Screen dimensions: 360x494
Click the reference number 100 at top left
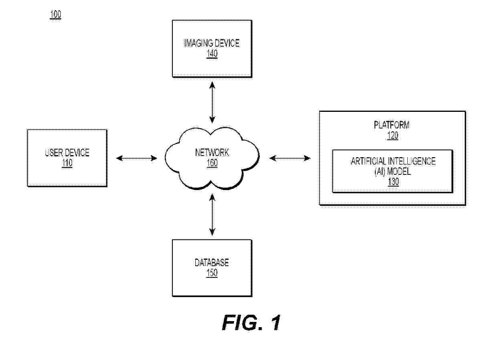click(55, 15)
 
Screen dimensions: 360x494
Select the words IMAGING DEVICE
click(212, 43)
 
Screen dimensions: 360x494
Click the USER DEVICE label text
click(67, 152)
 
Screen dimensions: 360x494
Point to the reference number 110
click(67, 164)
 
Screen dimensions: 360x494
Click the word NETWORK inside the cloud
click(212, 152)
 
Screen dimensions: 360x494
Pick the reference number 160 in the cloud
click(212, 164)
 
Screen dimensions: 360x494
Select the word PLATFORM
click(392, 125)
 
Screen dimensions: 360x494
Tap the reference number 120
click(392, 136)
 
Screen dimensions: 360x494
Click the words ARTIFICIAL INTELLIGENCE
click(393, 161)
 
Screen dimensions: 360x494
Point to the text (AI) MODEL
click(393, 172)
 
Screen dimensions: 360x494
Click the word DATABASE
click(212, 263)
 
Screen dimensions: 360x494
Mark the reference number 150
click(212, 273)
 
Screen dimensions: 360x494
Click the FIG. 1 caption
click(251, 323)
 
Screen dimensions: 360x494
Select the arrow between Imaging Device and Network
click(212, 102)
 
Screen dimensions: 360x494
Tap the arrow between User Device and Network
click(136, 158)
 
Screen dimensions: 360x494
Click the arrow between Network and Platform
click(290, 158)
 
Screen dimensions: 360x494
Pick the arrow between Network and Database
click(212, 215)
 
